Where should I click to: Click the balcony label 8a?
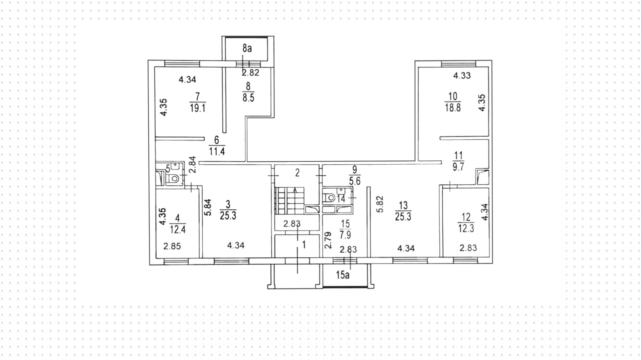click(x=247, y=48)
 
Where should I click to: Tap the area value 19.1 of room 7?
click(x=197, y=108)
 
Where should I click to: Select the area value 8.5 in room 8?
click(x=248, y=98)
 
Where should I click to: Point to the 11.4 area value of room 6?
click(x=217, y=152)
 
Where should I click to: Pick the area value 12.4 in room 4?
click(x=177, y=229)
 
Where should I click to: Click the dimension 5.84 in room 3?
click(x=208, y=207)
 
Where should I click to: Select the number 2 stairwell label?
click(x=297, y=173)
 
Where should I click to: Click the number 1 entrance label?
click(x=304, y=245)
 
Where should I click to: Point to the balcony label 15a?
click(x=343, y=275)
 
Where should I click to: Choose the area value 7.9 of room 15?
click(x=345, y=235)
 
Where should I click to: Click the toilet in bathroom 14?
click(x=331, y=198)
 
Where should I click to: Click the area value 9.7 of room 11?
click(x=458, y=167)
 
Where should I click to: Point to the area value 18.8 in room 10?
click(x=453, y=108)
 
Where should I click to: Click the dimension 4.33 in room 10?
click(x=462, y=75)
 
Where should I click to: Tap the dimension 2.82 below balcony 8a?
click(x=251, y=72)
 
